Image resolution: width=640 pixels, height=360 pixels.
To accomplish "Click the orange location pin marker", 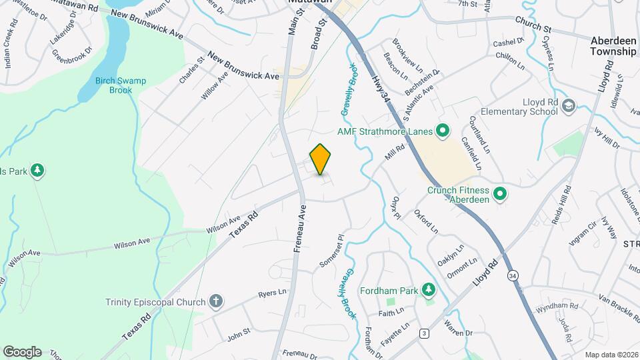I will (321, 159).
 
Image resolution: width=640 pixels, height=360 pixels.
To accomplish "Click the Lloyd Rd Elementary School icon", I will (568, 106).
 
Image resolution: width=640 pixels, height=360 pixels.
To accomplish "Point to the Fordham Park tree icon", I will (430, 290).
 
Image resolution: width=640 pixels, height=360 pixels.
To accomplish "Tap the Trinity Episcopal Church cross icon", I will (215, 301).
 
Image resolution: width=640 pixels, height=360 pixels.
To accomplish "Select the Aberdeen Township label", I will (613, 45).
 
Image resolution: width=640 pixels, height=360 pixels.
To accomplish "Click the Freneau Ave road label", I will (300, 227).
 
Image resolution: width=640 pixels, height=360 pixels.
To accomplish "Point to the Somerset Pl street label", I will (331, 251).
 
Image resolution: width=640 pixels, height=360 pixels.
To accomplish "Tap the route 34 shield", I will (513, 275).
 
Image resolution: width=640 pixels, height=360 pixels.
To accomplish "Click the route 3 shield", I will (423, 333).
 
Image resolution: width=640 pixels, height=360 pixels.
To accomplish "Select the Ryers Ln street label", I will (271, 293).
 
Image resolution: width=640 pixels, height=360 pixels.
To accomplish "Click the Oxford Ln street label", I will (425, 221).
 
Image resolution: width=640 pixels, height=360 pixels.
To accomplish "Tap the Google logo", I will (22, 352).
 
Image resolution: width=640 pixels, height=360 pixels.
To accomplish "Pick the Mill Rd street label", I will (395, 155).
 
